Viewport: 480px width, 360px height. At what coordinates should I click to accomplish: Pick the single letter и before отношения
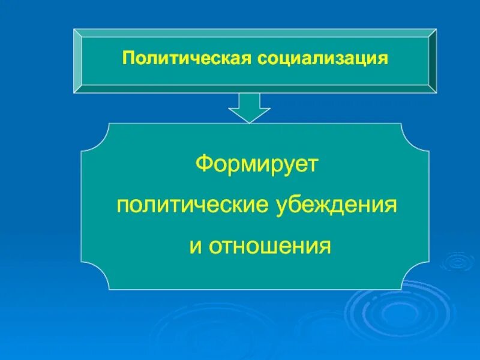pyautogui.click(x=195, y=247)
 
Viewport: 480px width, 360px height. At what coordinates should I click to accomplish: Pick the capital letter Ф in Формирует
pyautogui.click(x=203, y=164)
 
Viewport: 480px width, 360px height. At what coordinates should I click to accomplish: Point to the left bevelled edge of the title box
pyautogui.click(x=77, y=60)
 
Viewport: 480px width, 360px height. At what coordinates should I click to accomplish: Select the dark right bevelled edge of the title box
pyautogui.click(x=433, y=60)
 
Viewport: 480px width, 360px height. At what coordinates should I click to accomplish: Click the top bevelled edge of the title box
pyautogui.click(x=255, y=31)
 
